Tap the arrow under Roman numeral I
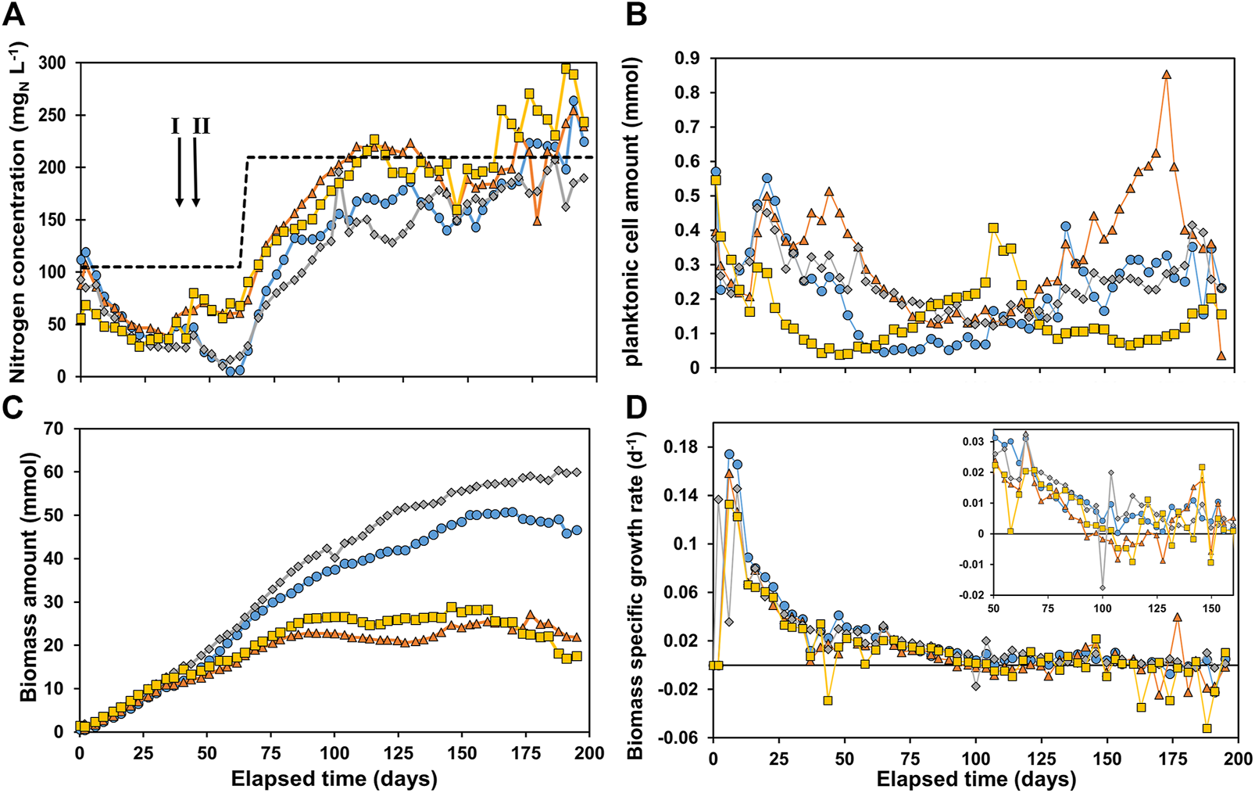[x=179, y=171]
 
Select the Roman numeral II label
[x=201, y=126]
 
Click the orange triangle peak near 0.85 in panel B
[x=1167, y=74]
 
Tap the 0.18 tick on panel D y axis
[x=682, y=447]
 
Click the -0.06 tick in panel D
[x=680, y=737]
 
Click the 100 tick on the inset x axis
[x=1102, y=607]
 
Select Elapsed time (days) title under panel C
[x=334, y=778]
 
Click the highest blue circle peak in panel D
[x=729, y=454]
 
